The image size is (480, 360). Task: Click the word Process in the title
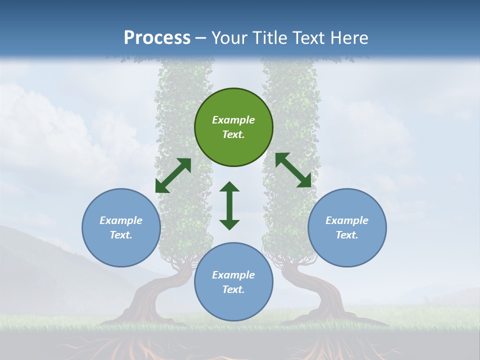157,38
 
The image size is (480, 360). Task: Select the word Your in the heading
228,38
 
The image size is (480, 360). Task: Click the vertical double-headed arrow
229,205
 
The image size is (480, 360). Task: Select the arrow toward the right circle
293,170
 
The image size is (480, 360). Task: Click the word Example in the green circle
233,120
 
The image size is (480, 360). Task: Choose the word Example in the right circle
347,220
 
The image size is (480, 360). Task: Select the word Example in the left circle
121,220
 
